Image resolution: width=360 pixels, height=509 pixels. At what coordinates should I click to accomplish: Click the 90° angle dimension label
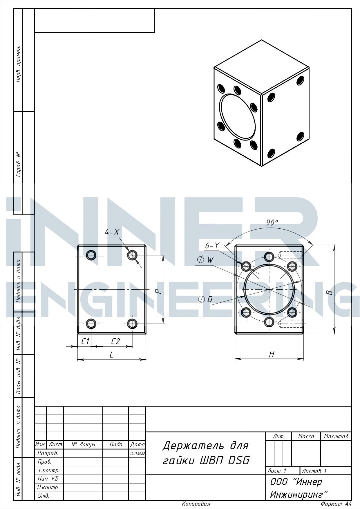point(272,223)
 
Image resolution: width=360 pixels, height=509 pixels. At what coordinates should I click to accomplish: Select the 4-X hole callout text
point(112,232)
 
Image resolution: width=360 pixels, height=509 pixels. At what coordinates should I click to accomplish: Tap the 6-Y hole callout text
point(212,246)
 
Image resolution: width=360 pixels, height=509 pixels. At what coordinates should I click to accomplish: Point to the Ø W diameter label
point(205,260)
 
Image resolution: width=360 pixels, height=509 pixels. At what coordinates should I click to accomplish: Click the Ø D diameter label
point(205,299)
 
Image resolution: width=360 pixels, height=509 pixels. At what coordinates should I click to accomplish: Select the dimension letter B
point(329,293)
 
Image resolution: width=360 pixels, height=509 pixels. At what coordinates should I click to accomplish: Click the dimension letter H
point(272,354)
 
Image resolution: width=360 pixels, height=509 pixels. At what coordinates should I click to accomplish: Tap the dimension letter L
point(111,355)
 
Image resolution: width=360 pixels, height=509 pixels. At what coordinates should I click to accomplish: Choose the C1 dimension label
point(85,341)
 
